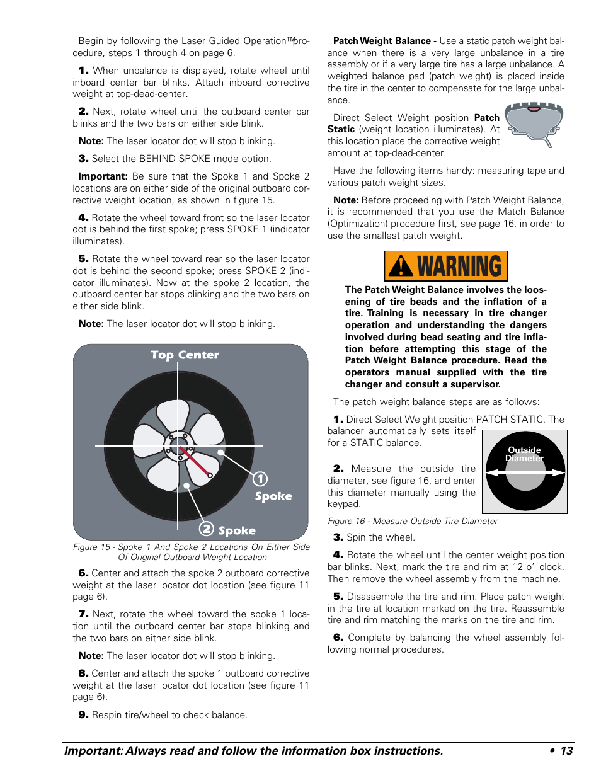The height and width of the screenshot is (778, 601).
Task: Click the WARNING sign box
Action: click(445, 266)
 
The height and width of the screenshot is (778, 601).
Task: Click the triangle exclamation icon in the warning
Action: click(401, 266)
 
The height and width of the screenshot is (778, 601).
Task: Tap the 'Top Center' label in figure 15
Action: click(185, 355)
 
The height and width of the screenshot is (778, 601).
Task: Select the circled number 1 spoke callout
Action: click(260, 479)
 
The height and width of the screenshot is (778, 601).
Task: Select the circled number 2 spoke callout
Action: click(207, 529)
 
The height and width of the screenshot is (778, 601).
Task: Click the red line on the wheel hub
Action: click(195, 462)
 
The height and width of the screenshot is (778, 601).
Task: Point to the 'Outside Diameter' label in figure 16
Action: click(524, 454)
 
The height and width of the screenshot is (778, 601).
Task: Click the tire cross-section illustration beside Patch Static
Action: click(534, 124)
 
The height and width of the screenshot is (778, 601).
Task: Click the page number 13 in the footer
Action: click(566, 750)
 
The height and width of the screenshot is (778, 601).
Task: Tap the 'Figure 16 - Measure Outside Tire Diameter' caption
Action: click(412, 521)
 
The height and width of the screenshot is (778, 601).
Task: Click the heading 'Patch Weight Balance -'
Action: click(384, 41)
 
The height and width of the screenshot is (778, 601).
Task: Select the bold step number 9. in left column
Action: click(83, 715)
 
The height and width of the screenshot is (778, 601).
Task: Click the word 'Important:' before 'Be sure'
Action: click(103, 176)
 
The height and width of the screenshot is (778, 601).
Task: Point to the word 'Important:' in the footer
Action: click(93, 751)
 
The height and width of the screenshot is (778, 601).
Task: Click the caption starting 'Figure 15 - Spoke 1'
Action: click(192, 552)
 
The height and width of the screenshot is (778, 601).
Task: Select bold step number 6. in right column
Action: click(338, 638)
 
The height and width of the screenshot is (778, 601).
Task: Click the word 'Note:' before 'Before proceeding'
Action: click(345, 200)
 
